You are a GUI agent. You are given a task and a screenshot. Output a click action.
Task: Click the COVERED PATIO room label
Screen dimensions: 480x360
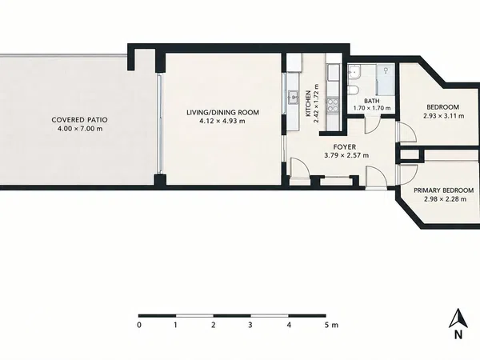point(79,120)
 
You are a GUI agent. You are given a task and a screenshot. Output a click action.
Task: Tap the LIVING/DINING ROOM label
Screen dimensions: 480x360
point(222,112)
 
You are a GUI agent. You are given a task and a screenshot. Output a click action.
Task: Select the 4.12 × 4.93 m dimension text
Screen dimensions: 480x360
point(222,121)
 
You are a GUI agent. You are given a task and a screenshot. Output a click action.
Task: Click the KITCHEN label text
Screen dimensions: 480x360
point(308,103)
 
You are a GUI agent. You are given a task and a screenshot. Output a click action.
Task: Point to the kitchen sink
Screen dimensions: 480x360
point(294,98)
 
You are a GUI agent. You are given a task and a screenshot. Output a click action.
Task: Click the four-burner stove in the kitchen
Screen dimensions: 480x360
point(333,105)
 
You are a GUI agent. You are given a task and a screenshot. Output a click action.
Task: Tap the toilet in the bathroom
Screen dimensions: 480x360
point(353,90)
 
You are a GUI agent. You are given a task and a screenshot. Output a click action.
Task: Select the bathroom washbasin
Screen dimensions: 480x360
point(354,72)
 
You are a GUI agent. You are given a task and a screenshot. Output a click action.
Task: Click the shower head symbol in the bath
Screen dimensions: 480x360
point(386,70)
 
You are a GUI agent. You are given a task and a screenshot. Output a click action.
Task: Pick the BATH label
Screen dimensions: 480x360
point(372,101)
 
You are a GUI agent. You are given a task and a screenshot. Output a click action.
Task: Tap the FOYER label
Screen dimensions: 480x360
point(344,147)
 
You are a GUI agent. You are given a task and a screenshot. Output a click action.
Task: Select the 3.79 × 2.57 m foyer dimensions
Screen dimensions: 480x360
point(346,155)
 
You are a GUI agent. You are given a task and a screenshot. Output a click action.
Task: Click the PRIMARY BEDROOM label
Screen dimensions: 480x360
point(443,190)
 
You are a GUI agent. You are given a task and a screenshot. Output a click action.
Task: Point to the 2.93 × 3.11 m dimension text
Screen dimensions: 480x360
point(443,116)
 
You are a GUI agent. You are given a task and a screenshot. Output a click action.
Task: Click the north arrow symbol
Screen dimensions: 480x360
point(458,318)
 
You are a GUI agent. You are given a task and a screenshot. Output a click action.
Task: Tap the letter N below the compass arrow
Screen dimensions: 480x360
point(458,335)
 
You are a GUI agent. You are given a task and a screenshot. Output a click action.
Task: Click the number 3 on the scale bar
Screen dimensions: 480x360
point(250,325)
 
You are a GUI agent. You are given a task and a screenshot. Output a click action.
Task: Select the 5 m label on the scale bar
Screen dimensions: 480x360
point(331,325)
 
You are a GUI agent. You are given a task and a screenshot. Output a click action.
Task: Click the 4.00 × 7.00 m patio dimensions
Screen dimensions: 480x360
point(80,129)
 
